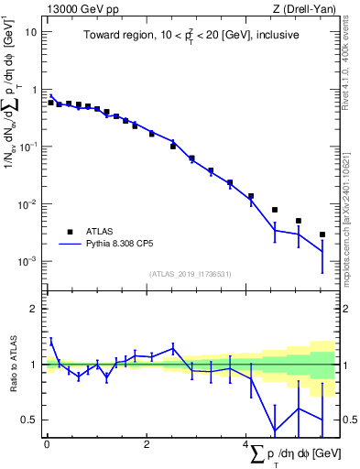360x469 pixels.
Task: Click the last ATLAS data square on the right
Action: point(322,234)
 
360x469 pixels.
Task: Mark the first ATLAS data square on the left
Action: point(50,103)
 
